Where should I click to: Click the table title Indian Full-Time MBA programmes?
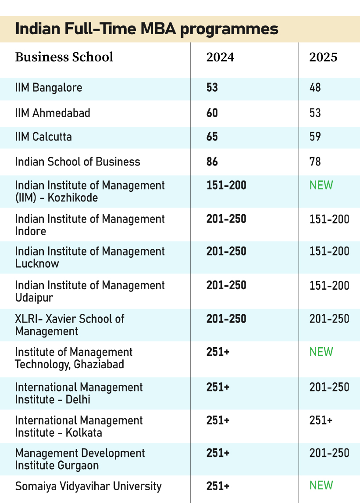tap(146, 29)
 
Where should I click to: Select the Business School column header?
tap(64, 57)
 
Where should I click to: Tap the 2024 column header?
tap(220, 57)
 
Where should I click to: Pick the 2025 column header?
tap(323, 57)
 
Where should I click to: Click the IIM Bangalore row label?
tap(48, 88)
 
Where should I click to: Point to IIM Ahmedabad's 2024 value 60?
tap(212, 113)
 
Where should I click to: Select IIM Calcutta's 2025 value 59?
tap(315, 137)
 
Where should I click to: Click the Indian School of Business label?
tap(78, 162)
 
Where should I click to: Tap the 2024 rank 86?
tap(212, 162)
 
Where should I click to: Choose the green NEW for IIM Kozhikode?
tap(321, 185)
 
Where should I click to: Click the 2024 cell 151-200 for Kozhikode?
tap(226, 185)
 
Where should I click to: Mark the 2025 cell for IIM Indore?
tap(329, 219)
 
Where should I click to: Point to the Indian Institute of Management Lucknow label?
tap(90, 257)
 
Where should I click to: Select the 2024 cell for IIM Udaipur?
tap(226, 286)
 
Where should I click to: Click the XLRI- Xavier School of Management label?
tap(69, 325)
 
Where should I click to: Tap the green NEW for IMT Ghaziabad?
tap(321, 352)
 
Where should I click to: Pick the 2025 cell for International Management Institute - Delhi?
tap(329, 387)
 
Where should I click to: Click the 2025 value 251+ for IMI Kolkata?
tap(321, 420)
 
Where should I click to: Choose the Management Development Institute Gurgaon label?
tap(80, 459)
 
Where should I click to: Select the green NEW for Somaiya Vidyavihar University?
tap(321, 485)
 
